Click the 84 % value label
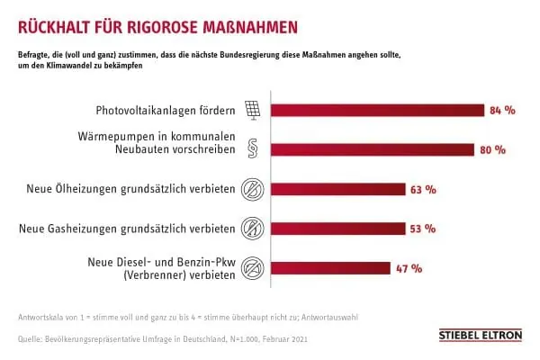(x=501, y=111)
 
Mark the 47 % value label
(x=409, y=267)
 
